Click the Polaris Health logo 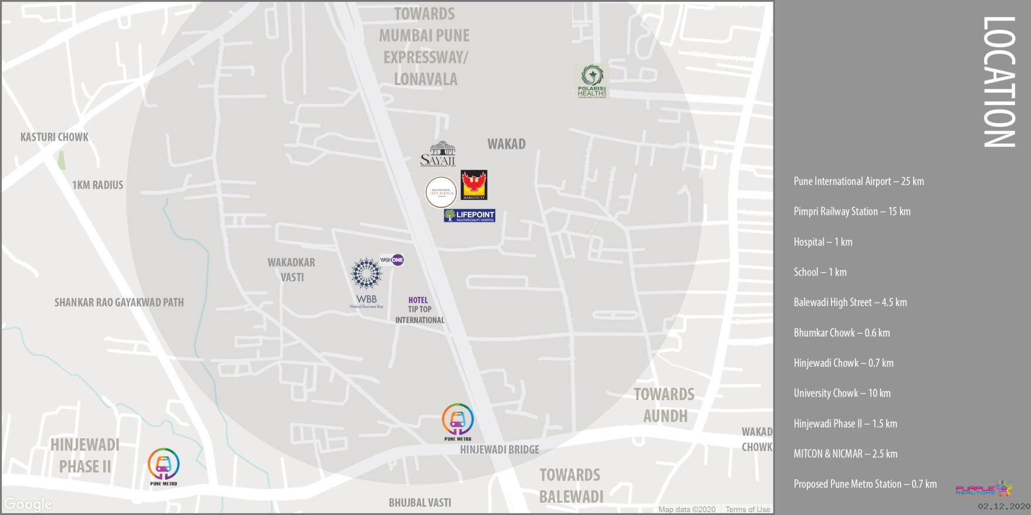point(591,81)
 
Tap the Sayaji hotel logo point(438,154)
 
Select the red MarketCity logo point(474,185)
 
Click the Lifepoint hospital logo point(469,216)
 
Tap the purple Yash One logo point(391,260)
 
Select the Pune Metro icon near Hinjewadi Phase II point(163,466)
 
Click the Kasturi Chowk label point(55,137)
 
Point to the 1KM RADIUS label point(97,185)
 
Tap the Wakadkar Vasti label point(292,270)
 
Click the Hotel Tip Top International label point(420,310)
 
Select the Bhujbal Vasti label point(420,503)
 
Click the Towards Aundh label point(664,405)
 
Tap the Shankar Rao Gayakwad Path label point(119,303)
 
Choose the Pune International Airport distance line point(858,181)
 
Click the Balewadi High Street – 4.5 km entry point(850,303)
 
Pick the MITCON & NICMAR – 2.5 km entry point(846,454)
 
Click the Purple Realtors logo point(983,489)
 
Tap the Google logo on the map point(28,504)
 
